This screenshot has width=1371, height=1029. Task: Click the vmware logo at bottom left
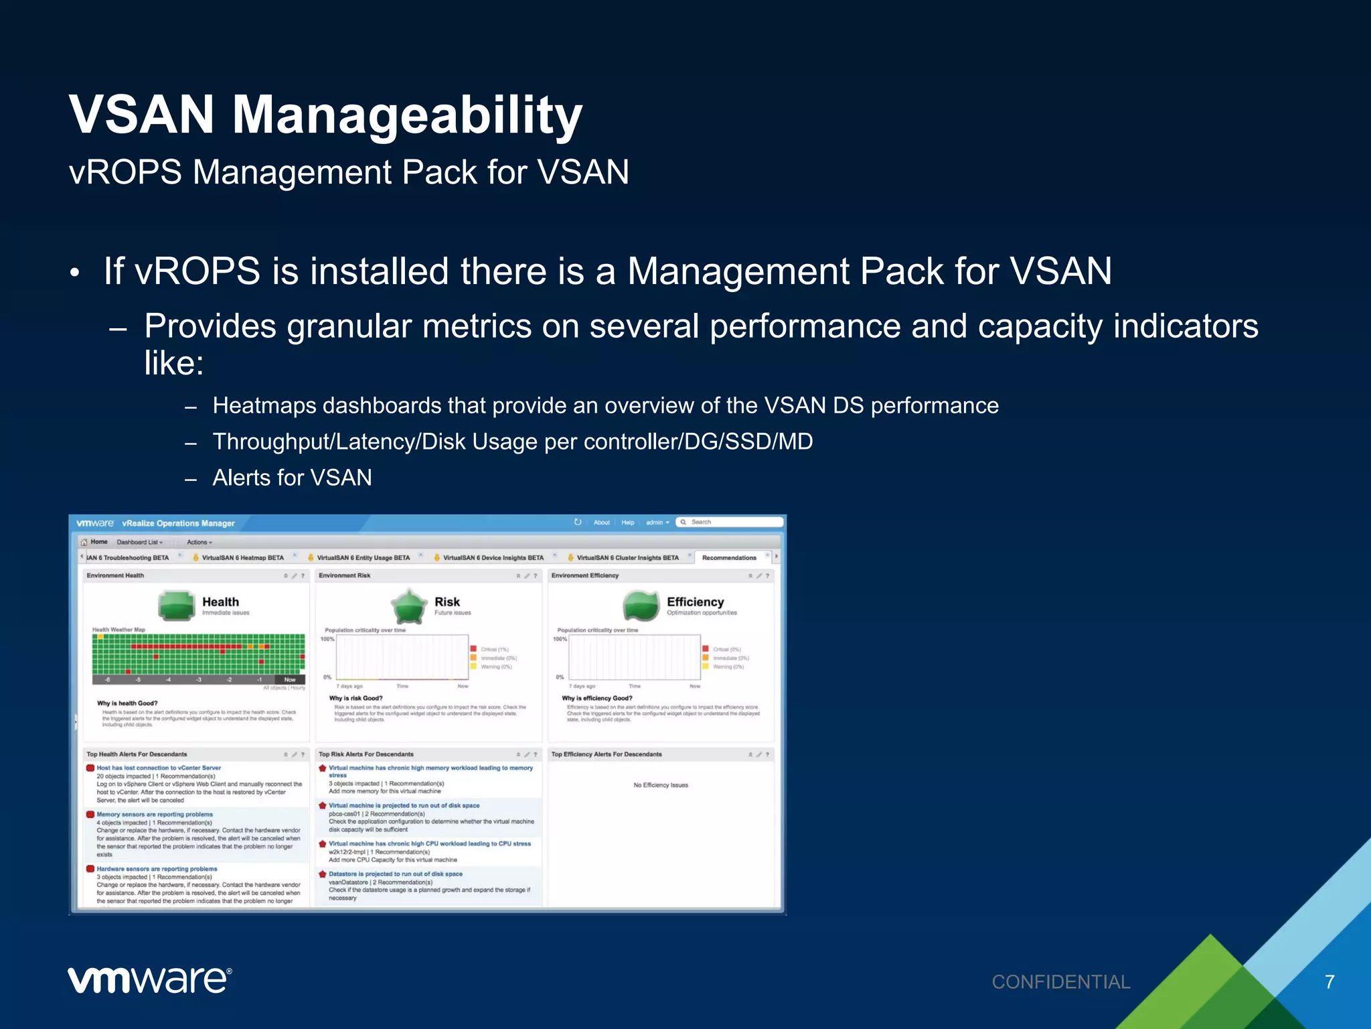(149, 980)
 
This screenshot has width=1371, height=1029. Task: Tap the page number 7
(1329, 982)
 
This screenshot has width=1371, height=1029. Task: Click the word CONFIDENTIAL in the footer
(1060, 982)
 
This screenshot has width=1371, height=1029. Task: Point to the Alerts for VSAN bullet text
(292, 478)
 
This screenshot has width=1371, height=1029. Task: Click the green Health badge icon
(176, 605)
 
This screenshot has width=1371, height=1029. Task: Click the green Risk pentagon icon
(408, 606)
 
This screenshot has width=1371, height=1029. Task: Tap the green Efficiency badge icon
(641, 605)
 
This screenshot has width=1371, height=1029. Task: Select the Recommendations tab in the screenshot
(728, 557)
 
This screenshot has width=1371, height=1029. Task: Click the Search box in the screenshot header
(730, 522)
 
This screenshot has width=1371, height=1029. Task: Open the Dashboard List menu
(139, 542)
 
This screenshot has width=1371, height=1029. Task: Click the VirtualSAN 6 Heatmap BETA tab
(242, 557)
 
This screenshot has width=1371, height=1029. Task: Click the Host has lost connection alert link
(159, 768)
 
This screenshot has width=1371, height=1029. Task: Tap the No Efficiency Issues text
(660, 785)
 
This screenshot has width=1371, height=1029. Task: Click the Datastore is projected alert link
(395, 874)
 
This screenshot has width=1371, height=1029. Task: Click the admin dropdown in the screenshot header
(657, 523)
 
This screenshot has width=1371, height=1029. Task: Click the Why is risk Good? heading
(355, 698)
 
